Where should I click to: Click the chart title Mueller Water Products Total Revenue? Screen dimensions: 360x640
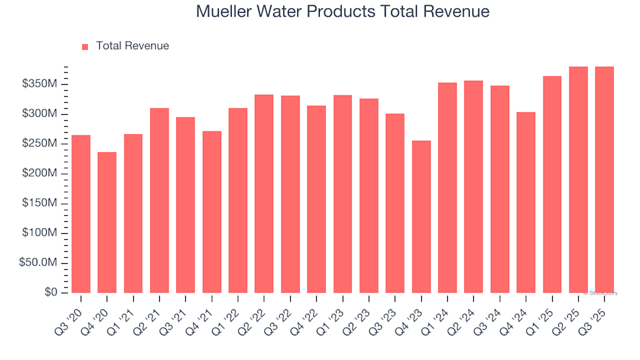[x=343, y=12]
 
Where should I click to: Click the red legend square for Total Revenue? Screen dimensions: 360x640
[x=85, y=47]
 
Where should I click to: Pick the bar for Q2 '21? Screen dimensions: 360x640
[x=159, y=200]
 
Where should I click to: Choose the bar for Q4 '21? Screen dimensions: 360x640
[x=212, y=211]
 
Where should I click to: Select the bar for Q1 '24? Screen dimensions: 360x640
[x=447, y=187]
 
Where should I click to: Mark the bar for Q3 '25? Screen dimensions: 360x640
[x=605, y=179]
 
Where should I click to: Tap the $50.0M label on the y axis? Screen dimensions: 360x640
[x=39, y=263]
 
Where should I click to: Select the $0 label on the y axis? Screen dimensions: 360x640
[x=51, y=293]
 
